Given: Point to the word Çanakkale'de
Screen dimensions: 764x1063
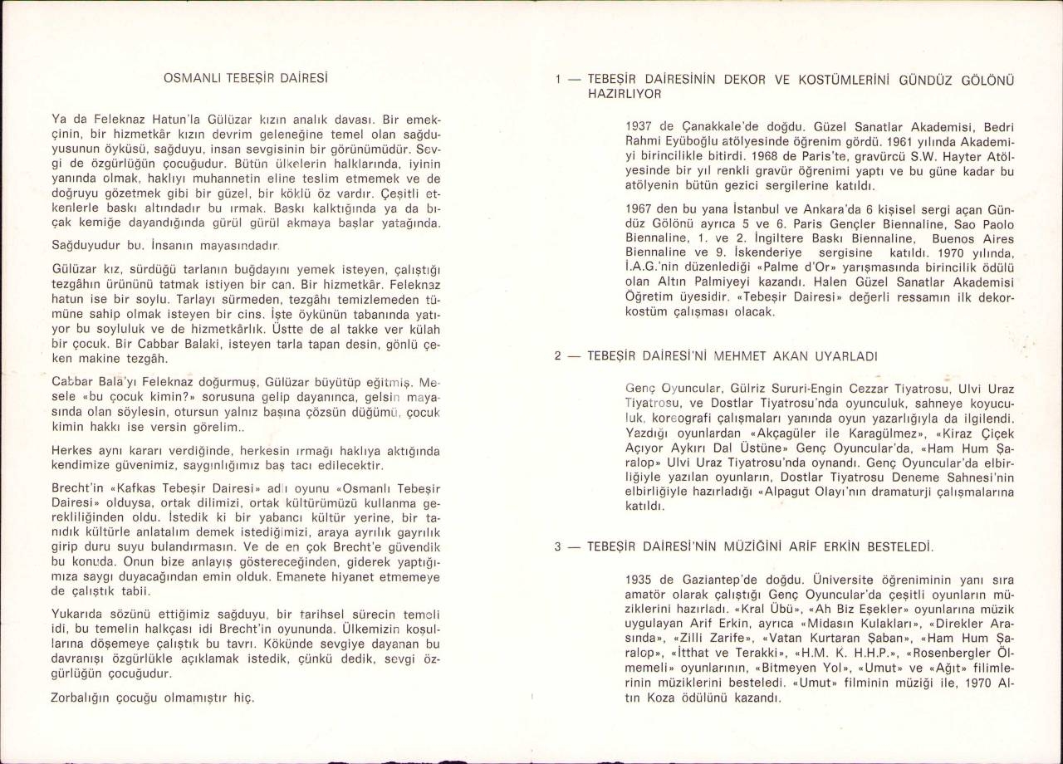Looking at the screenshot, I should pos(703,127).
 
